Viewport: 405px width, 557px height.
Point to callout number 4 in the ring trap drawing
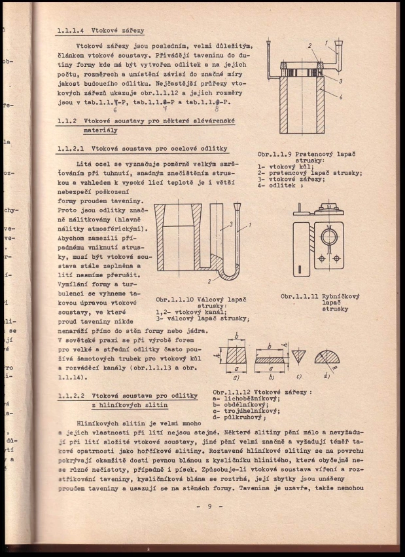pos(340,96)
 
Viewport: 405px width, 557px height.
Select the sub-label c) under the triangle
pos(298,375)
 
